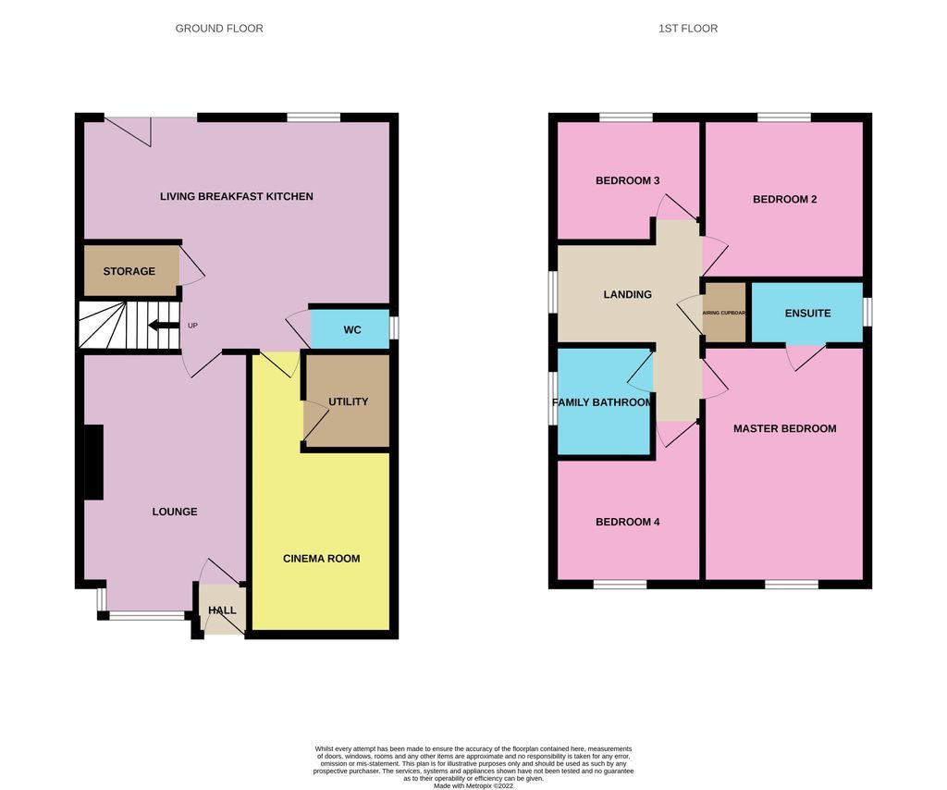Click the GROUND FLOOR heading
[x=219, y=29]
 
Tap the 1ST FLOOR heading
[x=687, y=29]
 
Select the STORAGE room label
[x=129, y=271]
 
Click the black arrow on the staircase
[x=164, y=325]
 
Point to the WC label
[x=352, y=330]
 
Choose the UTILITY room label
[x=348, y=401]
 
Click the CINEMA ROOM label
[x=321, y=559]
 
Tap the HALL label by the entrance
[x=222, y=611]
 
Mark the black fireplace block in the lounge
[x=93, y=463]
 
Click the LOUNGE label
[x=175, y=512]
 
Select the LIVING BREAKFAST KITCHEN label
[x=236, y=196]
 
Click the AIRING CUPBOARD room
[x=725, y=313]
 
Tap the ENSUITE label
[x=807, y=313]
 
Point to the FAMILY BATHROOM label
[x=602, y=402]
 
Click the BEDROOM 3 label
[x=627, y=180]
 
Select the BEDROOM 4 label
[x=627, y=522]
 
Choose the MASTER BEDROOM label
[x=784, y=428]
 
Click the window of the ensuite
[x=867, y=312]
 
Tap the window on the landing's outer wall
[x=553, y=293]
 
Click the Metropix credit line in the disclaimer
[x=473, y=785]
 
